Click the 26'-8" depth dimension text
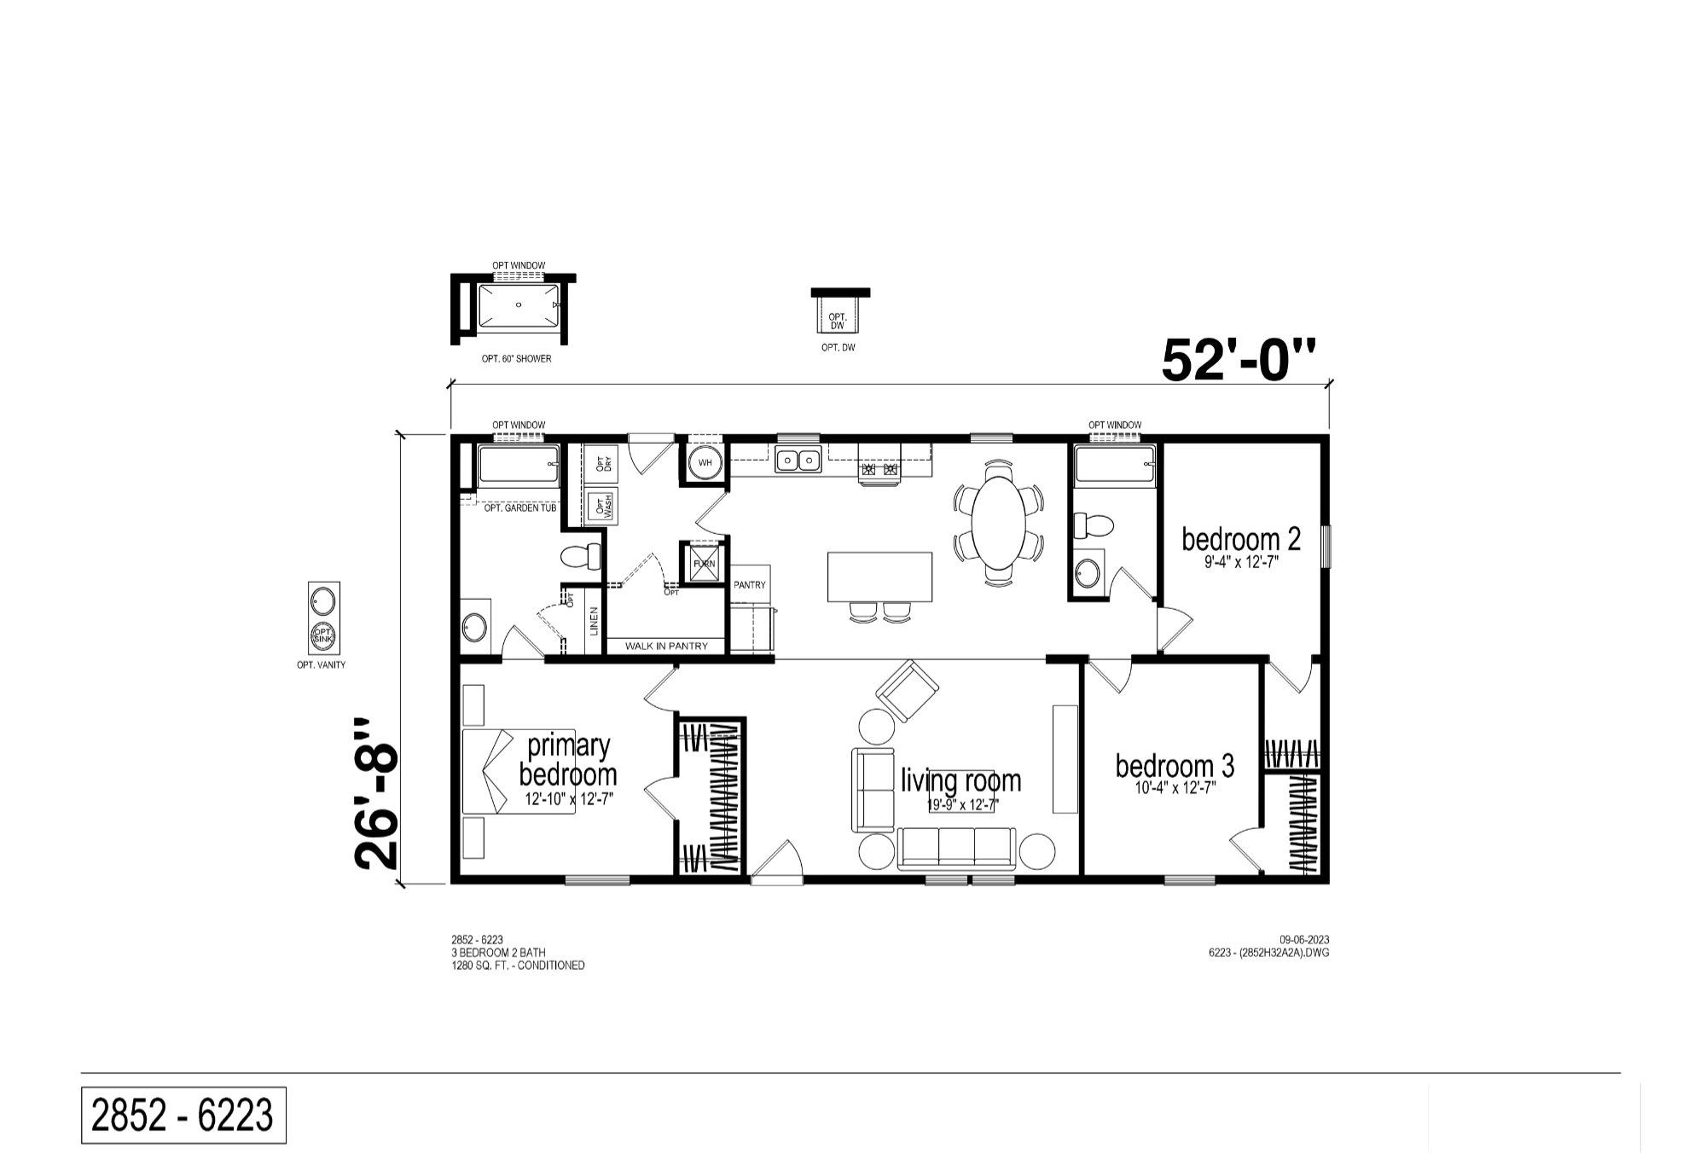pos(376,794)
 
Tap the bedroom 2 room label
pos(1241,539)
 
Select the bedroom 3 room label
pos(1175,766)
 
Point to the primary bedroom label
pos(568,760)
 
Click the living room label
pos(961,780)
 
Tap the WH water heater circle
pos(705,463)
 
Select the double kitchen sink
pos(798,461)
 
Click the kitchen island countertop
pos(879,577)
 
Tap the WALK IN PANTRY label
pos(666,646)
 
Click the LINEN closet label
pos(594,620)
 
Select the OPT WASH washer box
pos(602,508)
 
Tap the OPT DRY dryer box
pos(602,463)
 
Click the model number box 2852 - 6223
pos(183,1115)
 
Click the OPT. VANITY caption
pos(322,665)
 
